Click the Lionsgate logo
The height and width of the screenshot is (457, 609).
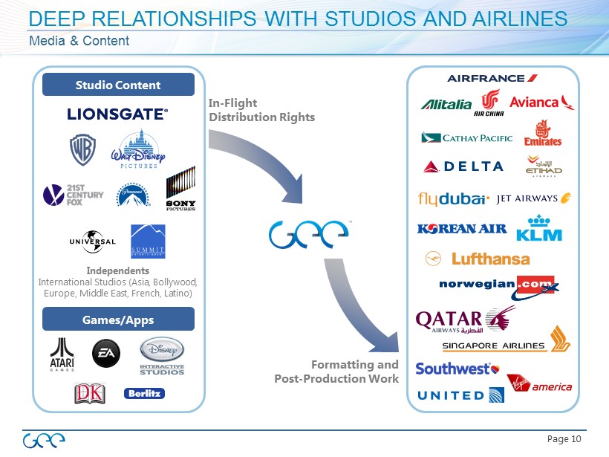click(x=117, y=114)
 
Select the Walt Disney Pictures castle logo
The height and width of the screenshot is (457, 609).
click(x=137, y=150)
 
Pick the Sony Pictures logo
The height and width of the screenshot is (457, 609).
click(x=180, y=191)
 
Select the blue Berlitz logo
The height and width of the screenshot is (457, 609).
click(x=144, y=393)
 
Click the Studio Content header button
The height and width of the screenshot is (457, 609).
click(x=118, y=85)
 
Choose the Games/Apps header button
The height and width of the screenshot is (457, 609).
click(x=118, y=320)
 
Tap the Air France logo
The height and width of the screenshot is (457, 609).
click(x=492, y=78)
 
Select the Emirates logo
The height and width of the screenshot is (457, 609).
click(x=542, y=133)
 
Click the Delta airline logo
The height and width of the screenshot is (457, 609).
click(x=463, y=166)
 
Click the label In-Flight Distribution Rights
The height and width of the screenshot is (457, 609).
click(x=261, y=111)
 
